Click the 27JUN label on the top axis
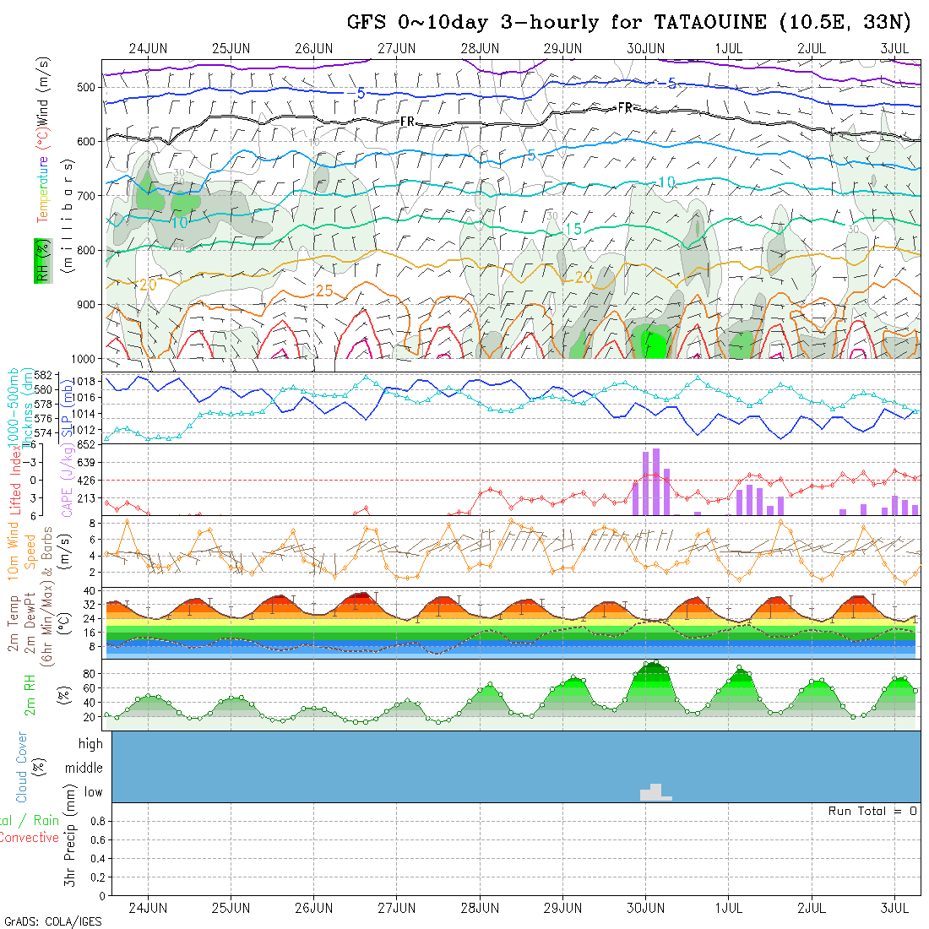396,48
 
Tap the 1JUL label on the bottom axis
728,908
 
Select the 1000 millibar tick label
84,359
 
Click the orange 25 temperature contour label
323,291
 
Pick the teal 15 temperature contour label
573,230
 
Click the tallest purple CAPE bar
656,481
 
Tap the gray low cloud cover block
655,792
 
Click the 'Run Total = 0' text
872,811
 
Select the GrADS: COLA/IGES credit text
52,921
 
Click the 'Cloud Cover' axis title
21,768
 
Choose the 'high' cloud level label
90,744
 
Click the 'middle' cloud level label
84,768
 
